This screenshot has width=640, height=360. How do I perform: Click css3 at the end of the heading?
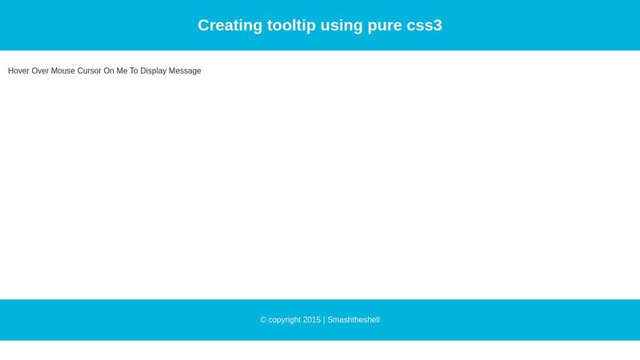click(425, 25)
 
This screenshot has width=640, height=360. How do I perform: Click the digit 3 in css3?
click(438, 25)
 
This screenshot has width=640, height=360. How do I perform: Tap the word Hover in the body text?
click(18, 71)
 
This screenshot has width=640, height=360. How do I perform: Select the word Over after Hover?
click(40, 71)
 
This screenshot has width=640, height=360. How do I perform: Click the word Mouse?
click(63, 71)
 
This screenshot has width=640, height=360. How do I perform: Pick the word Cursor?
click(89, 71)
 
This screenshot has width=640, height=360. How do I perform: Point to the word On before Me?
click(109, 71)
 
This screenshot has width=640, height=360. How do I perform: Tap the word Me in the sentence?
click(122, 71)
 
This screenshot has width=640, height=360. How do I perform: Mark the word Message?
click(185, 71)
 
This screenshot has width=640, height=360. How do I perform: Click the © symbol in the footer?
click(263, 320)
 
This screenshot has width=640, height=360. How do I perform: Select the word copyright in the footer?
click(285, 320)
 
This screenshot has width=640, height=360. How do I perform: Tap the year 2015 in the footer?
click(312, 320)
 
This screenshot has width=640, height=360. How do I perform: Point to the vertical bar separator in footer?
click(324, 320)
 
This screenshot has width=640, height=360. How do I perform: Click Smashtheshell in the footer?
click(354, 320)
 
